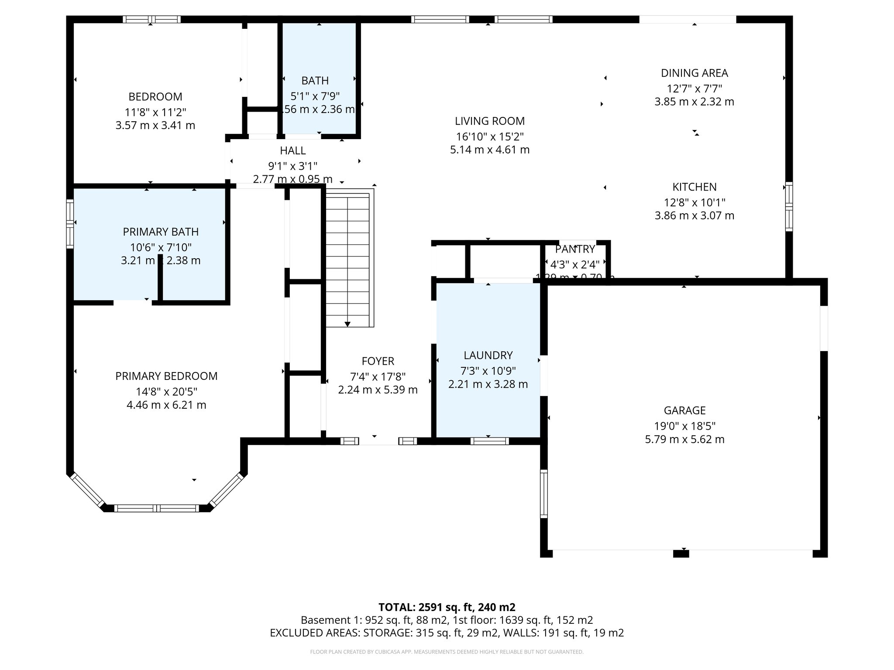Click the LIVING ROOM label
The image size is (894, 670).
[x=489, y=121]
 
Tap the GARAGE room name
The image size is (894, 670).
[x=684, y=410]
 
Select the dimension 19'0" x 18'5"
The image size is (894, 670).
[x=684, y=426]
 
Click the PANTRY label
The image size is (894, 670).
[x=575, y=249]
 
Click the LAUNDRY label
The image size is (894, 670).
[x=488, y=355]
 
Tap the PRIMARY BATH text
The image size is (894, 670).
[x=161, y=232]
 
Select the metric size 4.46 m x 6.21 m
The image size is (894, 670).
[x=166, y=405]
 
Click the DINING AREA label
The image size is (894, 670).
[x=694, y=73]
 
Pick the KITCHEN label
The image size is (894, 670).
[x=694, y=187]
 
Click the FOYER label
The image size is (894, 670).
[x=378, y=361]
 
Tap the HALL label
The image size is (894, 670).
[x=292, y=150]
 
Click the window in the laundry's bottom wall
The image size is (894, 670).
[x=489, y=441]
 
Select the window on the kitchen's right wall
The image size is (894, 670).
[x=789, y=206]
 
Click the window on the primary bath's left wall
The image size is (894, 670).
[x=70, y=224]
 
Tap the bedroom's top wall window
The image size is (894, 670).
[x=151, y=19]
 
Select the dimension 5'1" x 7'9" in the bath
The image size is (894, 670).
[x=315, y=96]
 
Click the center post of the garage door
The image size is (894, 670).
[x=681, y=554]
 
